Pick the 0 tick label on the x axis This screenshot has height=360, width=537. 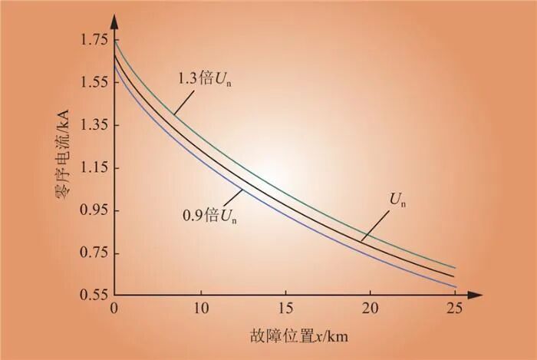[x=114, y=309]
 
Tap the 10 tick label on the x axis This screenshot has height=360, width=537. [x=200, y=309]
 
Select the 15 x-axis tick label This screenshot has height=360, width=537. [x=285, y=309]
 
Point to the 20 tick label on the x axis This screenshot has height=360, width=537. [x=371, y=309]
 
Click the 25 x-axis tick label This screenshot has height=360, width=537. [x=456, y=309]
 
